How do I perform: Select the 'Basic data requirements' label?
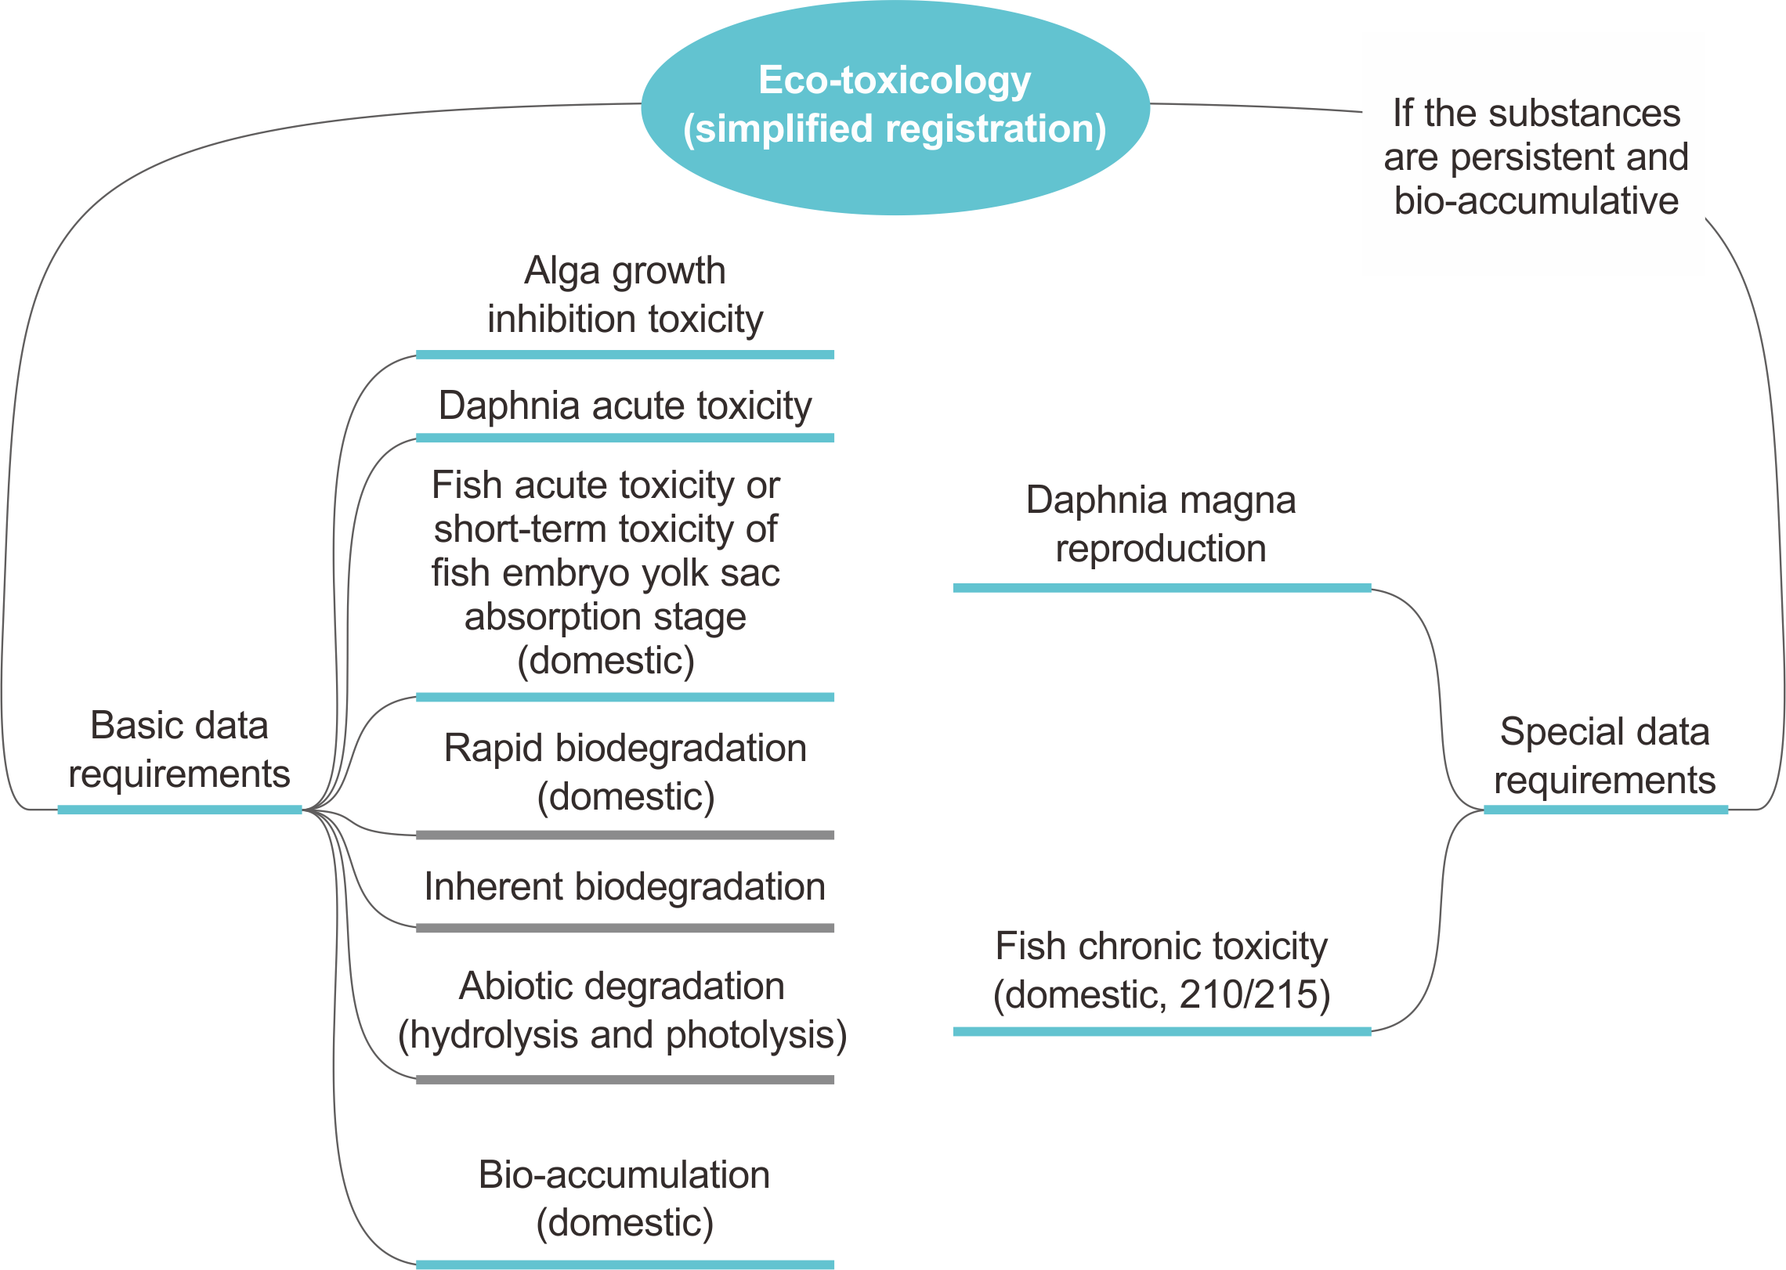179,749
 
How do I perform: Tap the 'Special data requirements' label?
1604,755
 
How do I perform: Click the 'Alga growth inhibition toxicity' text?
625,294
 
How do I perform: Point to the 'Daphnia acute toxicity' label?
625,406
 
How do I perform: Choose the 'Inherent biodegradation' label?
625,886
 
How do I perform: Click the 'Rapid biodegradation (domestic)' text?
625,772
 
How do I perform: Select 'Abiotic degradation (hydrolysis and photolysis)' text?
623,1010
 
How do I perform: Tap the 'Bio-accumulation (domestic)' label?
625,1198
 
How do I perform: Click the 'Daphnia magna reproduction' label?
1161,523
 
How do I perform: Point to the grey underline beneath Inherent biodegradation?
625,928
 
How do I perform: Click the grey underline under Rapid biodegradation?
625,835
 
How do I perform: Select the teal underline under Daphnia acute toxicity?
625,438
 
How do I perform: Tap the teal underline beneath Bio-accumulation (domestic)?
625,1264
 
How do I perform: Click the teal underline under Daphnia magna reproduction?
1161,587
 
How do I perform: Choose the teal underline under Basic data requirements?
179,810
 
